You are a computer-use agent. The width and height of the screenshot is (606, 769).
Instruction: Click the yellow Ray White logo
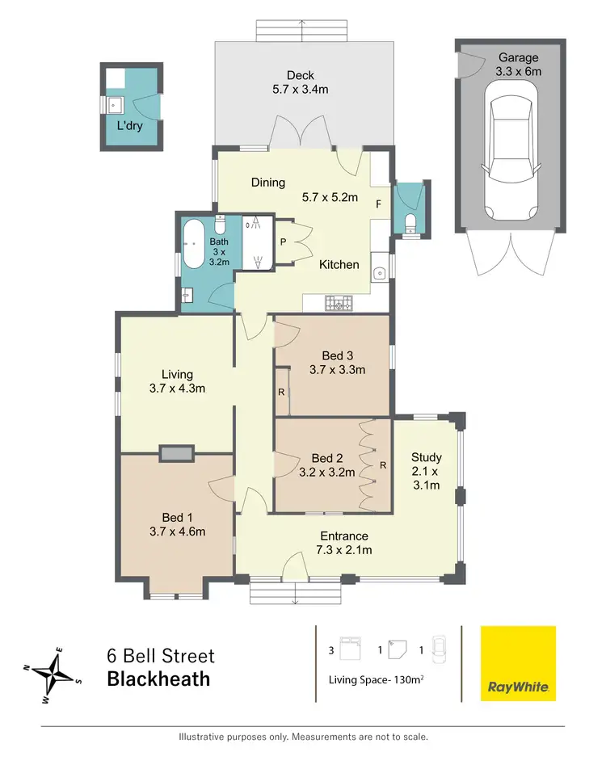[x=518, y=663]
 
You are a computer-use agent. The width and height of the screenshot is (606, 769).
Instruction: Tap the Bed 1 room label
[x=177, y=518]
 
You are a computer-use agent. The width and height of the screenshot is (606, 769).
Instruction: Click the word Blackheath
[x=158, y=679]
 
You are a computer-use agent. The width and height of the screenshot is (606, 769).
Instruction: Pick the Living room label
[x=177, y=374]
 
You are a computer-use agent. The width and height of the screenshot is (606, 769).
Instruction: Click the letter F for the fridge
[x=377, y=204]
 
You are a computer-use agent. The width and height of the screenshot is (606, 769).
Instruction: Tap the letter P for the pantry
[x=283, y=242]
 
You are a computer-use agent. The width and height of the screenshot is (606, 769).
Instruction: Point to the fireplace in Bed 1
[x=177, y=453]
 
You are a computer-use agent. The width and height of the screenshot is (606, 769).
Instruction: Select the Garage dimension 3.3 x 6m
[x=518, y=71]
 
